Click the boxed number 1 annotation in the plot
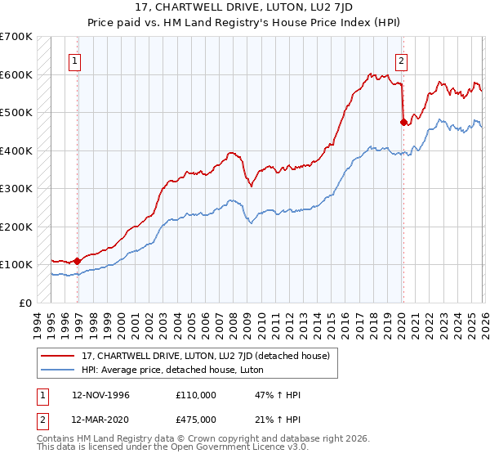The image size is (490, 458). [x=74, y=60]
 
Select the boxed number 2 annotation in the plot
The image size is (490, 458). [x=402, y=60]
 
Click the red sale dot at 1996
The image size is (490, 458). [x=78, y=261]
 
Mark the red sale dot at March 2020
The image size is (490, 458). [x=403, y=123]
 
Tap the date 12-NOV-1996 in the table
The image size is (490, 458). [x=101, y=395]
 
